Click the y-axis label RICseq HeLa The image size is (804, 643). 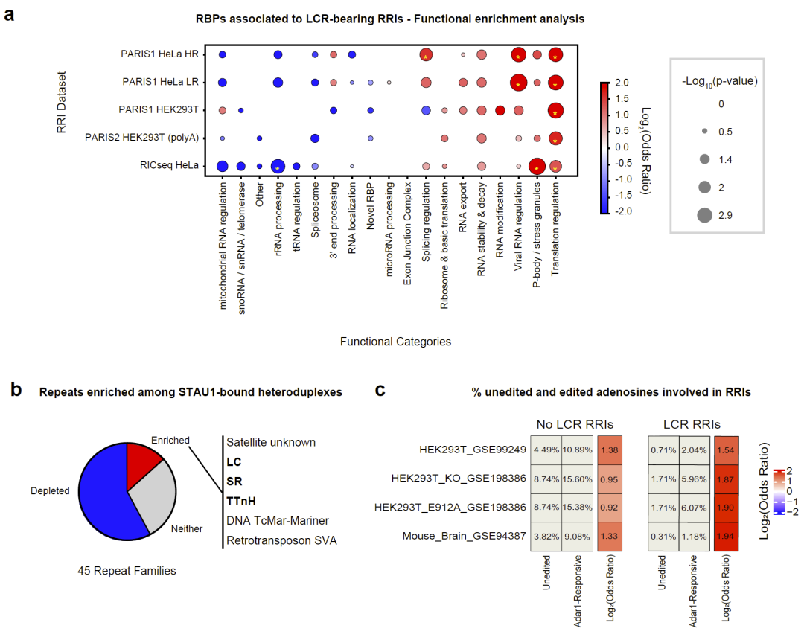pyautogui.click(x=176, y=166)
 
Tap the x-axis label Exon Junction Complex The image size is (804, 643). pyautogui.click(x=407, y=245)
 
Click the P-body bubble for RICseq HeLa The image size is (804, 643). pyautogui.click(x=537, y=166)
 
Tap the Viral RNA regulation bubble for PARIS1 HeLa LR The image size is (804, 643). pyautogui.click(x=518, y=82)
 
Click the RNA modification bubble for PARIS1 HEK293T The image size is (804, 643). pyautogui.click(x=500, y=110)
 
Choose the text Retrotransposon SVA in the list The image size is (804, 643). pyautogui.click(x=281, y=540)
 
